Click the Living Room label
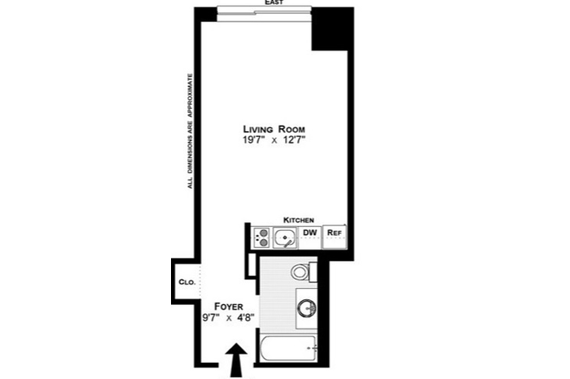click(x=274, y=129)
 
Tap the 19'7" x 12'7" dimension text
click(x=274, y=140)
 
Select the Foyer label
click(x=229, y=307)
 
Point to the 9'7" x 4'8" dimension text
click(x=229, y=318)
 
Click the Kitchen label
click(x=299, y=220)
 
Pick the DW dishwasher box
click(x=309, y=237)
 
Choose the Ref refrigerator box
click(x=335, y=237)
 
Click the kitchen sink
click(x=285, y=237)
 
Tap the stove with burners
click(x=261, y=237)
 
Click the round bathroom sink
click(x=307, y=308)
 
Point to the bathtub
click(x=288, y=349)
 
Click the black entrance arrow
click(x=236, y=359)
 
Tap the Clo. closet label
click(x=187, y=282)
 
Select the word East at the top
click(x=274, y=2)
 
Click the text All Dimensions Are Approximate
click(x=190, y=131)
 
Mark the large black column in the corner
click(x=332, y=29)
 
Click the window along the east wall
click(x=264, y=14)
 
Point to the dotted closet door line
click(x=200, y=281)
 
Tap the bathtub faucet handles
click(x=312, y=349)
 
